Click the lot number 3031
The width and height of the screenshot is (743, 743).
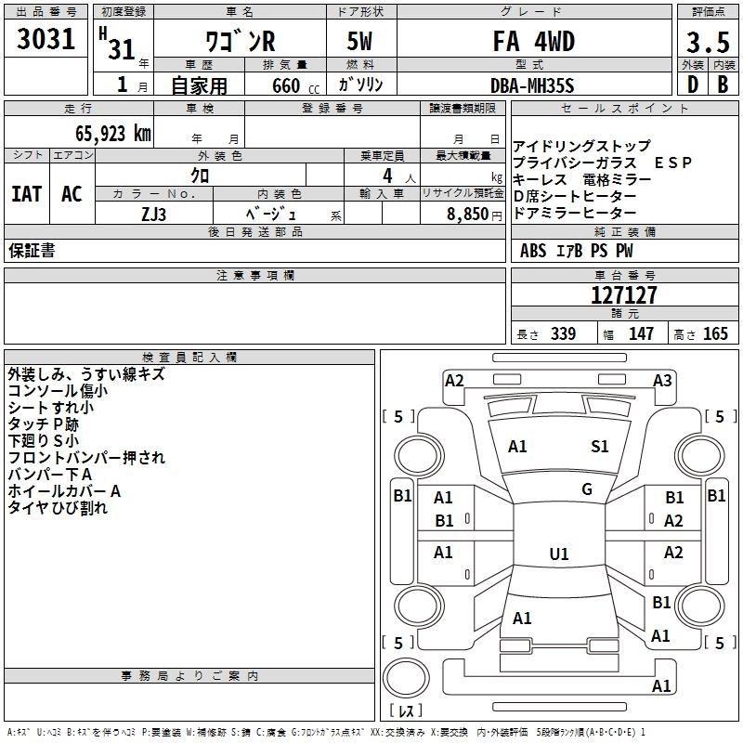point(46,39)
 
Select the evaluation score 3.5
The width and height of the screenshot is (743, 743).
point(708,42)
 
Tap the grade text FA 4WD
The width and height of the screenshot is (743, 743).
point(533,42)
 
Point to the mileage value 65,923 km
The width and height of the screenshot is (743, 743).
point(106,133)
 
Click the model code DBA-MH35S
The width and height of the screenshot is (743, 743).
point(532,85)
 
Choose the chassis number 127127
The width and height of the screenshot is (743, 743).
point(624,295)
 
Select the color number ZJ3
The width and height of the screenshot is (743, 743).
point(154,213)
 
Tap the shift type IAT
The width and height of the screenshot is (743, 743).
point(26,194)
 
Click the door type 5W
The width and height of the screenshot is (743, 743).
point(360,43)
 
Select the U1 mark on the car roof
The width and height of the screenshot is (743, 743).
point(559,554)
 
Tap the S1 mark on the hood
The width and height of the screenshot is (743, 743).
point(600,447)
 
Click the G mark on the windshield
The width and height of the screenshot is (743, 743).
point(587,489)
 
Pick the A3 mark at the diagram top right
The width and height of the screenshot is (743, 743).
point(662,380)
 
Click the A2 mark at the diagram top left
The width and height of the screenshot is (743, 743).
point(454,380)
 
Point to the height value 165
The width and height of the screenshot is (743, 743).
point(715,334)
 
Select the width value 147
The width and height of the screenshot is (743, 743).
point(641,334)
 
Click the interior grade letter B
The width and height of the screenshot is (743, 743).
point(723,85)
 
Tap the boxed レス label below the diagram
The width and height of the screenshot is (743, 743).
point(406,710)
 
